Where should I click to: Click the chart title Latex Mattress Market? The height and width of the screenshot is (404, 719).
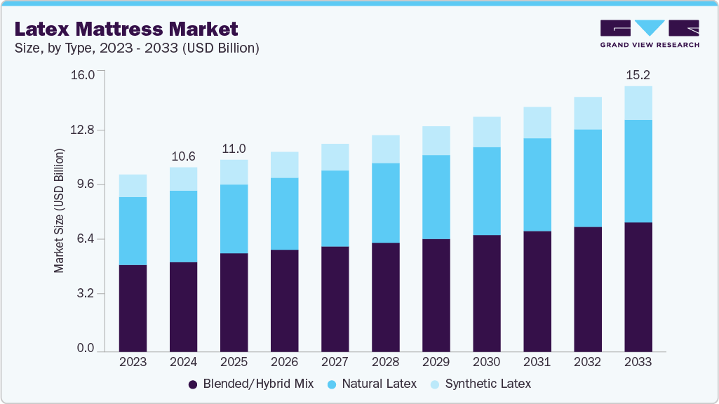[126, 29]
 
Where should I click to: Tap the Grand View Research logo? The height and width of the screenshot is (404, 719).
[649, 34]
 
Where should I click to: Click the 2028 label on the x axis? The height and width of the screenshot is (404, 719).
[385, 363]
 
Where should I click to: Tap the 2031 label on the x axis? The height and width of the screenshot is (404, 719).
[537, 363]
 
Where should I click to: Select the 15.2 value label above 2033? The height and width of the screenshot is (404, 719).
[638, 74]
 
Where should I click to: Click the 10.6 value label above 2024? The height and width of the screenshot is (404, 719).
[183, 156]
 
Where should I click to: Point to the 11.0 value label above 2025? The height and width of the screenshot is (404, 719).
[234, 149]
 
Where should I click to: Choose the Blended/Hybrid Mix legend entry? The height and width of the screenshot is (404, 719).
[250, 384]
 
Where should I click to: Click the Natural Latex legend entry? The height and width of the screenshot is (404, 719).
[372, 384]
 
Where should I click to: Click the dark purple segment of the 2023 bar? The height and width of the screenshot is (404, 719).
[133, 308]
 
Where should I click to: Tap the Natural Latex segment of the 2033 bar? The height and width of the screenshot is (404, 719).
[638, 171]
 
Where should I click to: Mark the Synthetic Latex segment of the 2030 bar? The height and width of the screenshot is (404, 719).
[486, 132]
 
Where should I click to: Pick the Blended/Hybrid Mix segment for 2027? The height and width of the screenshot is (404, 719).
[335, 299]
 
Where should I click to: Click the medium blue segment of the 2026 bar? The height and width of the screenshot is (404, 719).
[284, 214]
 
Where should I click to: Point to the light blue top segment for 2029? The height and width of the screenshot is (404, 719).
[436, 140]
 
